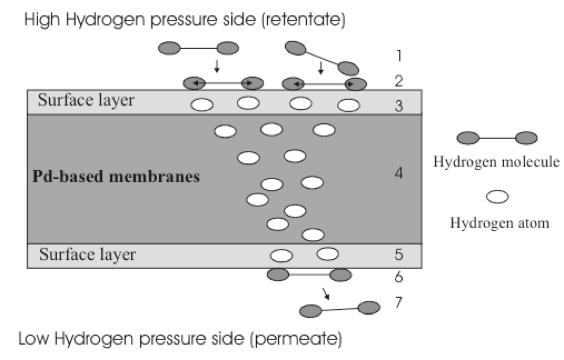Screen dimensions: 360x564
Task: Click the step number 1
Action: pos(398,56)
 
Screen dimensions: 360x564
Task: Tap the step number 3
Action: pos(399,105)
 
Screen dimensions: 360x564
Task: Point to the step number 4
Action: pos(399,174)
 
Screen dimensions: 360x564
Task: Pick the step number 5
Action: pos(399,254)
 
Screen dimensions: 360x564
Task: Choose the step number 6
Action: pos(399,277)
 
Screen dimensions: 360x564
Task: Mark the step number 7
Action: pos(399,302)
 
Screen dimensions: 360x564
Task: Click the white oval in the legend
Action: pos(498,197)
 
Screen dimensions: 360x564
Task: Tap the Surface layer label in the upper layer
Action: pos(86,101)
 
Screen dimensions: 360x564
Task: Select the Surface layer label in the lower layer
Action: pos(87,255)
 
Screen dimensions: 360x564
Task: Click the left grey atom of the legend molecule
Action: pos(469,137)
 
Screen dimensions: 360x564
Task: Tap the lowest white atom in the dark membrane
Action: pos(313,234)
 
